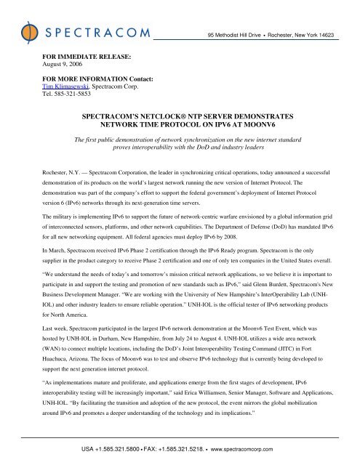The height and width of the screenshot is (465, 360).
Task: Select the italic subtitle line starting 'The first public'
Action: point(180,138)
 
